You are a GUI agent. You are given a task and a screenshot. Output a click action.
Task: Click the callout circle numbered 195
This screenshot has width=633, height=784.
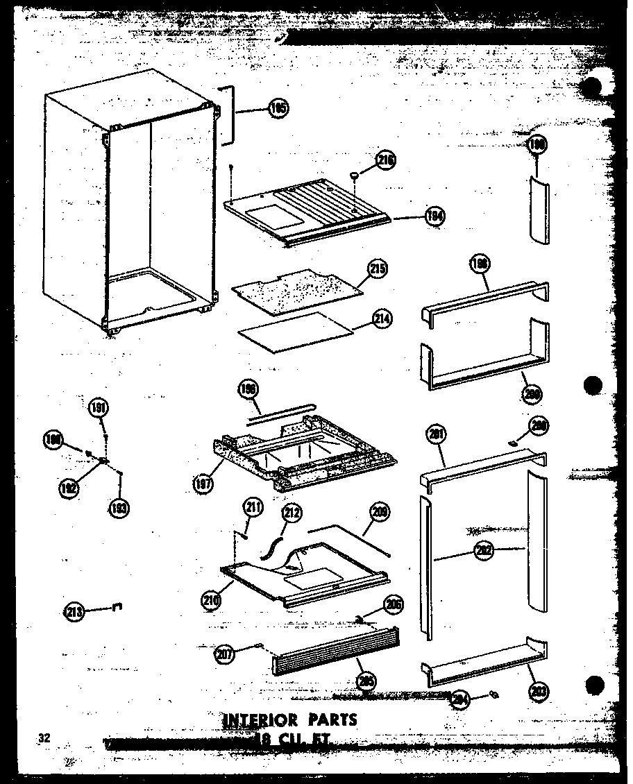click(x=278, y=108)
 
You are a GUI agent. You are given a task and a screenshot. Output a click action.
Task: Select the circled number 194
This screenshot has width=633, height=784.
click(x=436, y=216)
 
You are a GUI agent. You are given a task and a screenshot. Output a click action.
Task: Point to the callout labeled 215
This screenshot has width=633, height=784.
click(x=378, y=269)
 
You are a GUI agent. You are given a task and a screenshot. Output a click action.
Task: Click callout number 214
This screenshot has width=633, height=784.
click(x=381, y=319)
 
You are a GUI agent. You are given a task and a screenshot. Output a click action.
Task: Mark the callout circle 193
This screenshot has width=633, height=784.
click(x=119, y=508)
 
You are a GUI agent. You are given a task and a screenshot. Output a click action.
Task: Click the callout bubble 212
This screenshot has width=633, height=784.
click(x=292, y=513)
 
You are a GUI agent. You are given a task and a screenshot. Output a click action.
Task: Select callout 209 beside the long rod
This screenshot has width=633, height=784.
click(x=380, y=513)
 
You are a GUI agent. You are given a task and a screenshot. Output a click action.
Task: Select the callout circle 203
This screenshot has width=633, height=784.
click(x=536, y=690)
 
